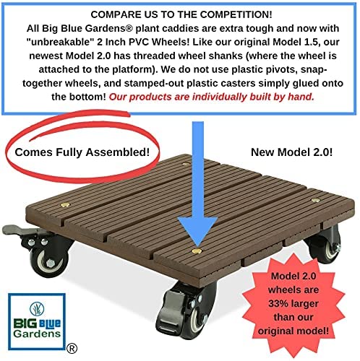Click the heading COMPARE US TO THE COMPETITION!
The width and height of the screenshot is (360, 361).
pyautogui.click(x=181, y=14)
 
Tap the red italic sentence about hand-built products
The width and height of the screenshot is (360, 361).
pyautogui.click(x=212, y=97)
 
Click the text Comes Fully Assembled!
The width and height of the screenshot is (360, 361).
pyautogui.click(x=82, y=152)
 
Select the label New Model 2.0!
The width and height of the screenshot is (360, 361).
pyautogui.click(x=291, y=152)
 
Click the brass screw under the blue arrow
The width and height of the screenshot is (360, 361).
pyautogui.click(x=197, y=251)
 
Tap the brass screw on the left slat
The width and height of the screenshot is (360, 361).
pyautogui.click(x=65, y=205)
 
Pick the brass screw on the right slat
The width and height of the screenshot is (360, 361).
pyautogui.click(x=315, y=200)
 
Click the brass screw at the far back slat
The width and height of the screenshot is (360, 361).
pyautogui.click(x=186, y=165)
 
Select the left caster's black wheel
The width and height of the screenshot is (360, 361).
pyautogui.click(x=49, y=262)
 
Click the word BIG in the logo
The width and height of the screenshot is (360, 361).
pyautogui.click(x=25, y=323)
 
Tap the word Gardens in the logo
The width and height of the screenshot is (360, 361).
pyautogui.click(x=37, y=334)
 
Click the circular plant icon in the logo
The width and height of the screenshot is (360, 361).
pyautogui.click(x=37, y=309)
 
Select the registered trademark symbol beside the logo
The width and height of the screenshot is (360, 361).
pyautogui.click(x=72, y=348)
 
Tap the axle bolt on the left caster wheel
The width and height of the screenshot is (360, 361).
pyautogui.click(x=50, y=263)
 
